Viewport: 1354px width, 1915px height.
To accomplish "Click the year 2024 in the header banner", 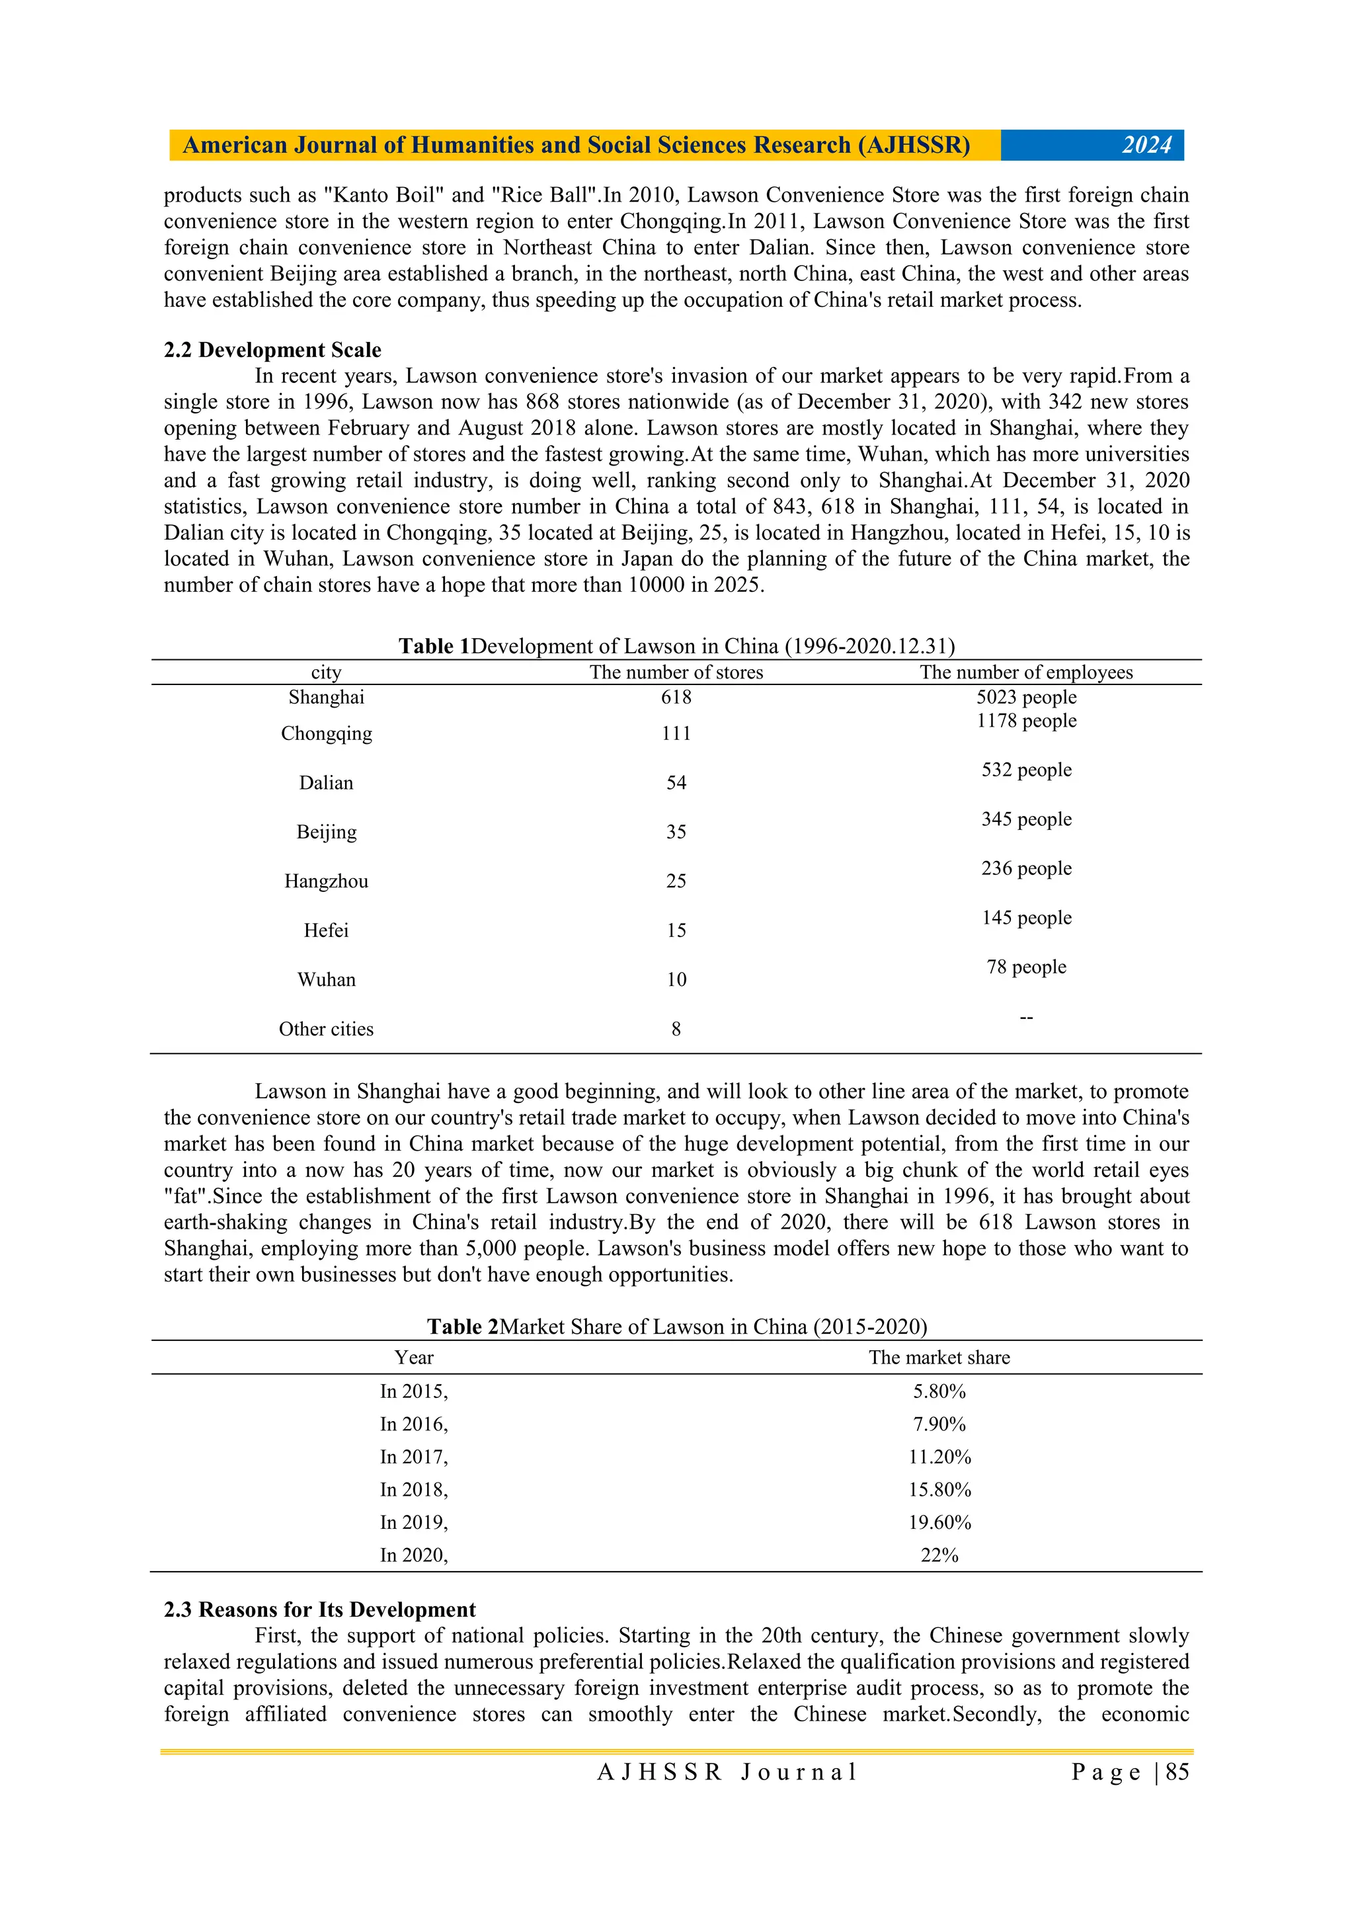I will [x=1146, y=145].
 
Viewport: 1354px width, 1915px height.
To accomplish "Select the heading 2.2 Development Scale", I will [x=272, y=349].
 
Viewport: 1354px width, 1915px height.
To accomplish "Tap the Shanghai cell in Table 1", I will [x=326, y=697].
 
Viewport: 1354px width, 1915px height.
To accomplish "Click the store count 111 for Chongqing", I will [x=676, y=733].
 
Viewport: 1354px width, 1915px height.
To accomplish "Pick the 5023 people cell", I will [x=1026, y=697].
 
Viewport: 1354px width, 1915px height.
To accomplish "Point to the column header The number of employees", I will [x=1026, y=672].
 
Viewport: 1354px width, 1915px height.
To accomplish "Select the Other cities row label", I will [x=326, y=1029].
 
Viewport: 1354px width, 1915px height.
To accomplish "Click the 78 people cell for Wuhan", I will [x=1026, y=967].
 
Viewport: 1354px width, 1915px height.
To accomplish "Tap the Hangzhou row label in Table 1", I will [x=326, y=881].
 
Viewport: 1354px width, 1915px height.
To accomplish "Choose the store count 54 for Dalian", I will [x=676, y=782].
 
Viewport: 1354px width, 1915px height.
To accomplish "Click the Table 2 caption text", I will [x=676, y=1327].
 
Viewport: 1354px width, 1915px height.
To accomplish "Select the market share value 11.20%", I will [x=939, y=1457].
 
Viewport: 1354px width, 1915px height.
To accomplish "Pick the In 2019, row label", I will [x=413, y=1522].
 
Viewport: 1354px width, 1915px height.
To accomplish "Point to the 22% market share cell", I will [x=939, y=1555].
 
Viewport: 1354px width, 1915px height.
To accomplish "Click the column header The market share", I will [x=939, y=1357].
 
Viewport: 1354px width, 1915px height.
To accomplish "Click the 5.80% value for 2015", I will [x=939, y=1391].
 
